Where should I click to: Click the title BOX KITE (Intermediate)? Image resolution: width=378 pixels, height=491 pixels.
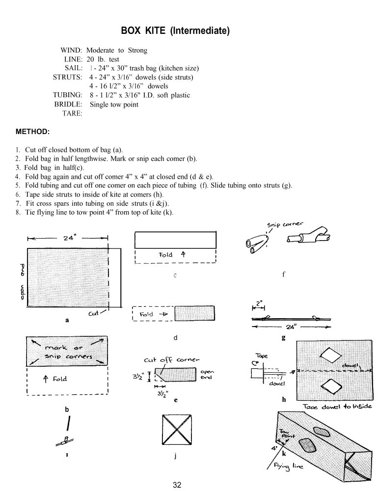[175, 31]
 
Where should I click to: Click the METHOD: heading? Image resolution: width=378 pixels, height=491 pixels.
[32, 132]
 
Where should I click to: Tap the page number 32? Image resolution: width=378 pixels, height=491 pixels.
[177, 485]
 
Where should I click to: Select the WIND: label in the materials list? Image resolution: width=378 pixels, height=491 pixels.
[71, 50]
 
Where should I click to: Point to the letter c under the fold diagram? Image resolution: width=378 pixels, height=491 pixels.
[175, 275]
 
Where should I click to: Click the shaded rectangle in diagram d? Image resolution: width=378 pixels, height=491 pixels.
[194, 314]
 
